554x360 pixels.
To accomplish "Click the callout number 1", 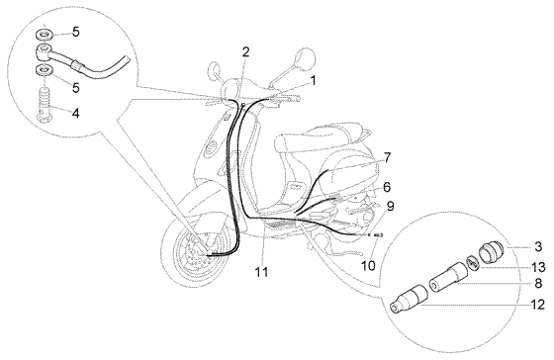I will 314,80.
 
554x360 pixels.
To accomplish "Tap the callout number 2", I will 245,51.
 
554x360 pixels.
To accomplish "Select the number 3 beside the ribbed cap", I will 537,245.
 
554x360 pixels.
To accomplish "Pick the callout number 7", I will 388,157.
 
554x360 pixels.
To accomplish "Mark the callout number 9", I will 391,206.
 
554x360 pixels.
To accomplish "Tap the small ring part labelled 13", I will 474,263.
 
